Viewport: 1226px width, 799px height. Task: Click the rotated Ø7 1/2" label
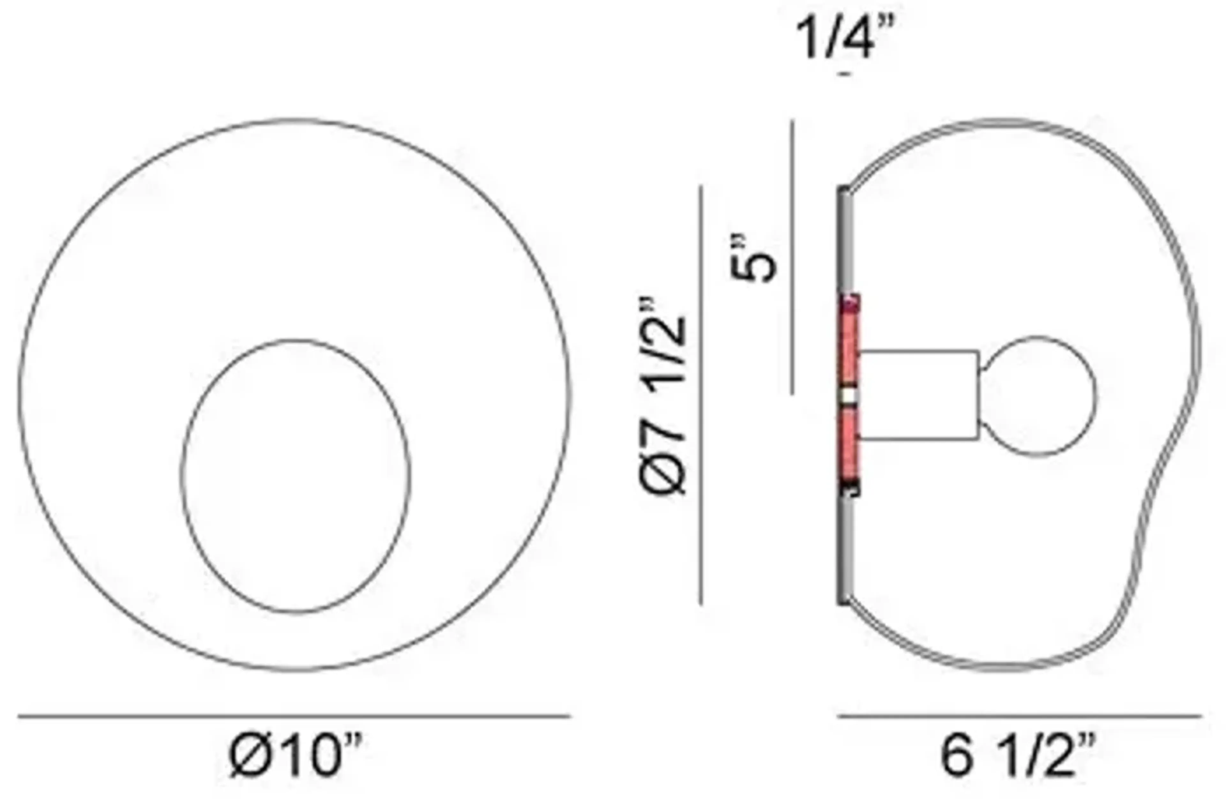663,396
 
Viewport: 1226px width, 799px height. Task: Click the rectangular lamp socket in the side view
919,395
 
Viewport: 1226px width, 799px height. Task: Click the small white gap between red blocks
849,396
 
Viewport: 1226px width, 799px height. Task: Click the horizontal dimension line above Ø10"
294,716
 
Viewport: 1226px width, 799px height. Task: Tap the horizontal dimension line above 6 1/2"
1020,716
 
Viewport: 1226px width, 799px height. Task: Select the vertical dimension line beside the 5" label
792,258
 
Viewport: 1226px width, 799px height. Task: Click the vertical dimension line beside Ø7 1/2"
700,396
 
